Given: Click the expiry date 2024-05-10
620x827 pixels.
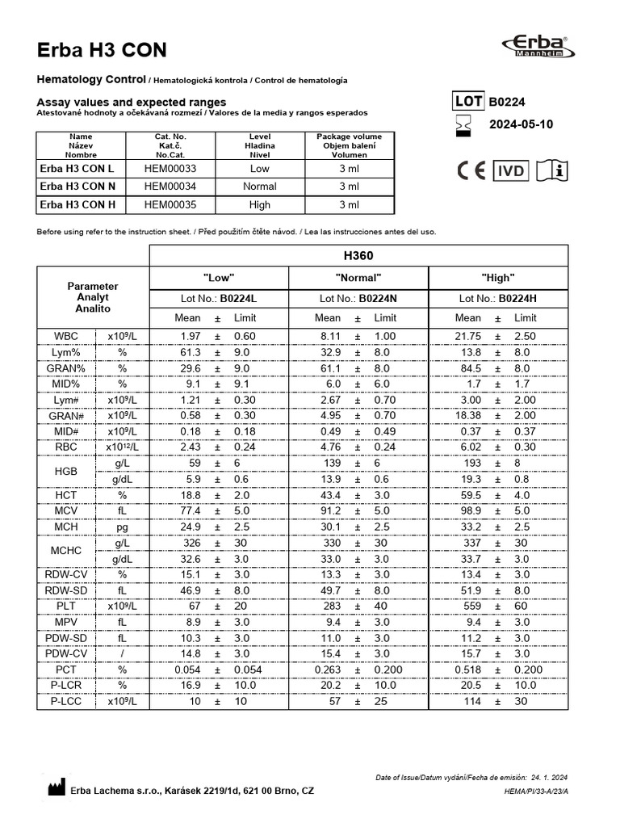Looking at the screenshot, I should (x=522, y=124).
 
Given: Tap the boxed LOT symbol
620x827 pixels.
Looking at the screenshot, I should (x=467, y=102).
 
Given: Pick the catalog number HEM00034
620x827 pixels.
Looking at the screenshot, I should (x=170, y=187).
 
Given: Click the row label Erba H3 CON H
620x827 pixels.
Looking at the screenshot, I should (x=77, y=205).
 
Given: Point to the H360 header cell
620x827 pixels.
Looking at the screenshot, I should (x=358, y=255).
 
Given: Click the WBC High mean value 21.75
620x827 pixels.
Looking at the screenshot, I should (x=468, y=336).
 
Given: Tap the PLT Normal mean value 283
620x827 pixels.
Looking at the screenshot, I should (x=330, y=606).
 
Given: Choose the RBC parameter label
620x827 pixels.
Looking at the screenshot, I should (x=66, y=447).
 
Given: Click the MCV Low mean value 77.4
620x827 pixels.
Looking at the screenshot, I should (x=190, y=510).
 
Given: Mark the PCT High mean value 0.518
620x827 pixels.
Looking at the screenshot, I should (x=468, y=670).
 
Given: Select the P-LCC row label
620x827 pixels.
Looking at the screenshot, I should (x=66, y=701).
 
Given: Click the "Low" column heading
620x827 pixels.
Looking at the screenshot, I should (x=219, y=278).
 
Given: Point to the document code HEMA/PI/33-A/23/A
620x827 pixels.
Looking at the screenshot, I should (x=536, y=791).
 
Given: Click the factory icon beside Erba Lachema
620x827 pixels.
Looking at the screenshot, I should (x=53, y=788).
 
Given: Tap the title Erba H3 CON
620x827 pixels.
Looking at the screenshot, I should (x=103, y=50).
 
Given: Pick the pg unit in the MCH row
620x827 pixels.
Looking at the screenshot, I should (x=123, y=527).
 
